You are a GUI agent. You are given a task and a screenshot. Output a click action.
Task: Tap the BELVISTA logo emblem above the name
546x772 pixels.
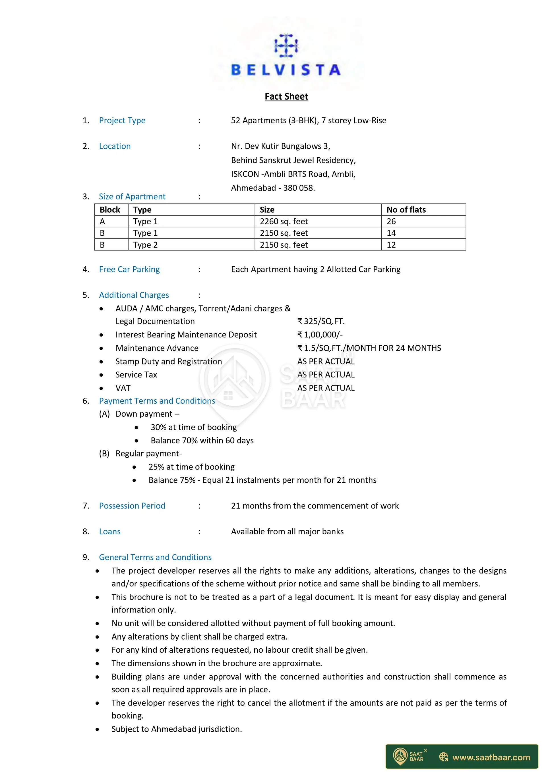[286, 45]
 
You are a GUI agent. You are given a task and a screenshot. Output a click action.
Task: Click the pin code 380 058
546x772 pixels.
[298, 188]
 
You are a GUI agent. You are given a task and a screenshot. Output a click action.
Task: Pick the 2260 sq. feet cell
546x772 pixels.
[284, 221]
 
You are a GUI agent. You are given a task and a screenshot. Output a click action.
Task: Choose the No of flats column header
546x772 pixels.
[406, 210]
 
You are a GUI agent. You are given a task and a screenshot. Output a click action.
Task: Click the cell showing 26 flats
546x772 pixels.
[391, 221]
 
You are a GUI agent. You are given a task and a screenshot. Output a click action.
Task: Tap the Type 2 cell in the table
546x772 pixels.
[145, 245]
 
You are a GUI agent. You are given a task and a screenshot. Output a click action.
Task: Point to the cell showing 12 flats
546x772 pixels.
[391, 245]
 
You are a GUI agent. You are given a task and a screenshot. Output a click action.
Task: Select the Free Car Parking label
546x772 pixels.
[129, 269]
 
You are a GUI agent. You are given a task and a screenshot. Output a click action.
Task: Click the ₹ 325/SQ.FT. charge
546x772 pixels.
[321, 321]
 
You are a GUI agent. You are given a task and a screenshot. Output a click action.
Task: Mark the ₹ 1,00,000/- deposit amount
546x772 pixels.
[320, 335]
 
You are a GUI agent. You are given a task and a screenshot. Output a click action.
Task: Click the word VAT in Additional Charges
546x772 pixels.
[123, 388]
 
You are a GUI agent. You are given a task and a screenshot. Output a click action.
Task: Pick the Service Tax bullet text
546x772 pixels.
[136, 375]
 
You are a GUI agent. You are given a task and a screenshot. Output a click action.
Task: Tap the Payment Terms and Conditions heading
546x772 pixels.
[157, 401]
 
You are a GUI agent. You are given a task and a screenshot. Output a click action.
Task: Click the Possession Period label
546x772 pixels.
[132, 506]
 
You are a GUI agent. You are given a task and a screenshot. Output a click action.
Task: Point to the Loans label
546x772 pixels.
[110, 532]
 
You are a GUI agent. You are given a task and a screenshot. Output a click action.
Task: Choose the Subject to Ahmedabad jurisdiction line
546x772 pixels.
[177, 729]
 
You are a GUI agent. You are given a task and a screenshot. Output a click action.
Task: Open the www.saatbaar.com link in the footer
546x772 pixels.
[491, 758]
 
